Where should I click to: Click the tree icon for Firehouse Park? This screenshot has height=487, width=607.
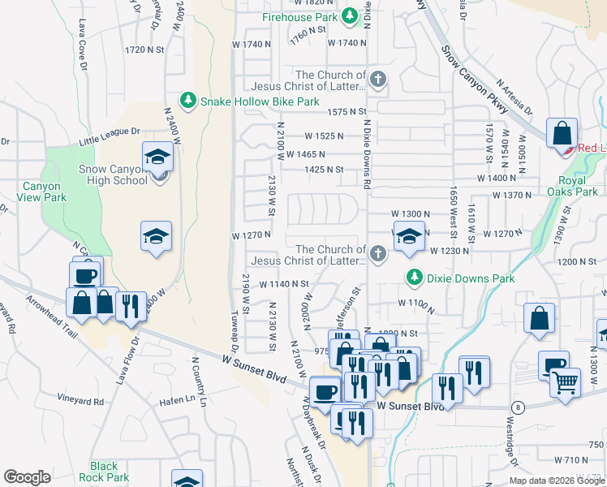pos(350,16)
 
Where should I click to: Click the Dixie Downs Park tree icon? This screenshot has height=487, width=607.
pos(415,278)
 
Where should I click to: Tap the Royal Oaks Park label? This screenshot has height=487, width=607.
pos(579,186)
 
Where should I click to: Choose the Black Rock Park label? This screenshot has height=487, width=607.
pos(104,472)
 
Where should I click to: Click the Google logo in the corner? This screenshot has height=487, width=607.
pos(27,477)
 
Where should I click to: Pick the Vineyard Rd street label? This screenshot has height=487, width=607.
pos(80,401)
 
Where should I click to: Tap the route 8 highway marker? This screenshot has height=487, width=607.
pos(517,406)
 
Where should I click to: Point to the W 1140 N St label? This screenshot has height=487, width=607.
pos(284,284)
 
